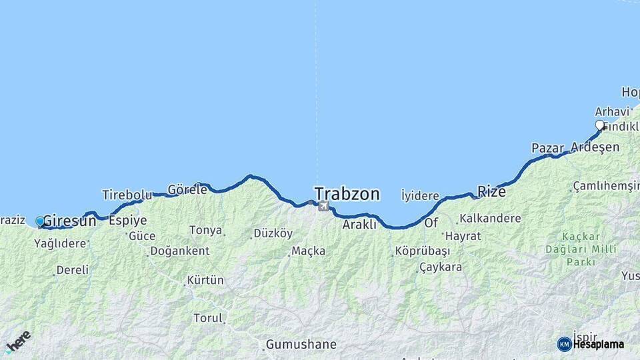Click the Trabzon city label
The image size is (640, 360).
347,194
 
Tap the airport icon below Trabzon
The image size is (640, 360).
324,206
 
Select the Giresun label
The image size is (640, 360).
69,221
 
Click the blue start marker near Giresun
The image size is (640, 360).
40,221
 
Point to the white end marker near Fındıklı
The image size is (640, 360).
599,125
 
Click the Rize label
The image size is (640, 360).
491,192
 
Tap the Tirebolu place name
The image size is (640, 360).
127,195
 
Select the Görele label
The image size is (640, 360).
187,189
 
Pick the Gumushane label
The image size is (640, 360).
301,345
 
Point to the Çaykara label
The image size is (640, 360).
440,267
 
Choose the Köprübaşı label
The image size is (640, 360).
423,251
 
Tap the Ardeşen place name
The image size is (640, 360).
595,147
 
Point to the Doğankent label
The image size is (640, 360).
180,251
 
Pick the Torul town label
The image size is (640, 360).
208,318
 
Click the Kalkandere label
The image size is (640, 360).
490,218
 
